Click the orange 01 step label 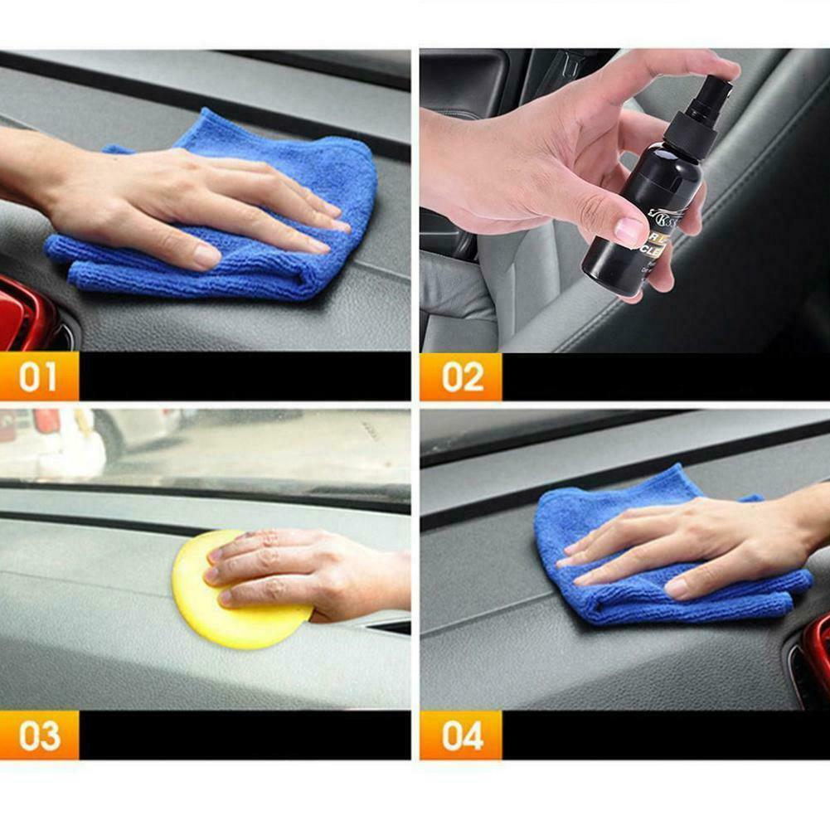pos(39,376)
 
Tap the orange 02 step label pos(461,376)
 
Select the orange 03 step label pos(39,735)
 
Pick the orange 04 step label pos(461,735)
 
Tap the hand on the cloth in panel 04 pos(705,547)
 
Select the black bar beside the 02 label pos(663,376)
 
